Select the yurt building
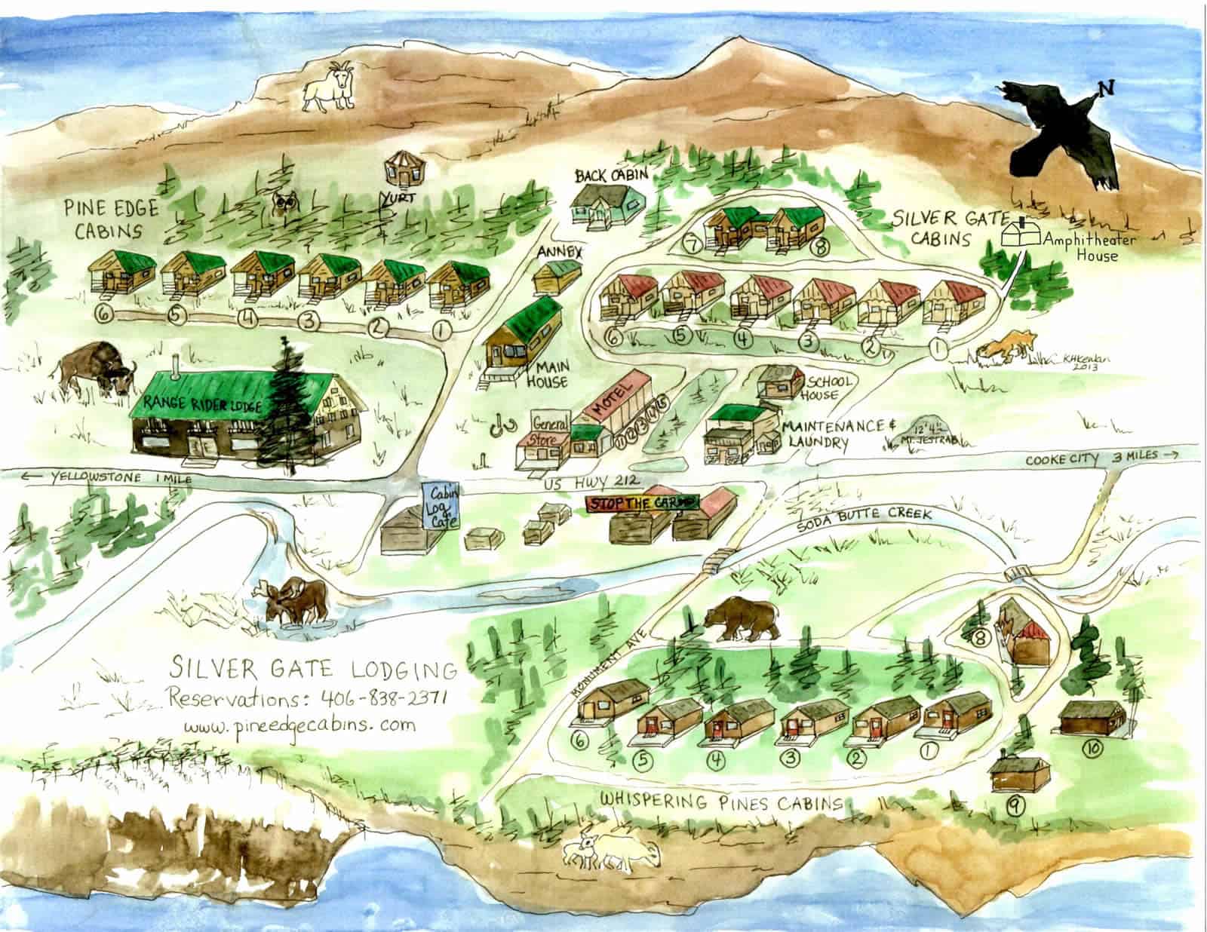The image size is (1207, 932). tap(401, 169)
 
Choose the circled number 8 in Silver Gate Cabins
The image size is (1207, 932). tap(818, 245)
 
